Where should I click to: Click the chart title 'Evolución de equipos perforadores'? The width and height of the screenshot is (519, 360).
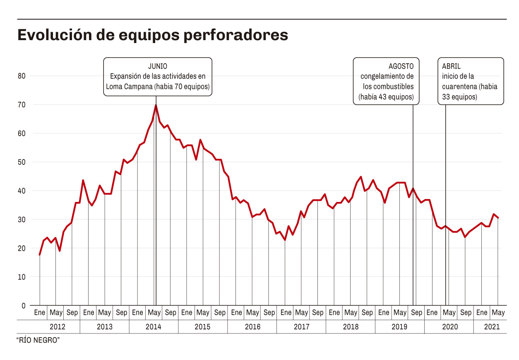(x=152, y=35)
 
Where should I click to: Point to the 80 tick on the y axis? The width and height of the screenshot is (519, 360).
(x=22, y=76)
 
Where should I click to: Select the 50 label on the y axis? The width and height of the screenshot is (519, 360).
(x=22, y=162)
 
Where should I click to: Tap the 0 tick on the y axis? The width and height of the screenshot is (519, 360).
(x=24, y=306)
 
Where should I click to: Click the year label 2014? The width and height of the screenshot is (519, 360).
(x=153, y=327)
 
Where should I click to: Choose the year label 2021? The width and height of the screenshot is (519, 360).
(x=492, y=327)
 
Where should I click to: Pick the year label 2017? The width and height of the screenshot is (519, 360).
(x=301, y=327)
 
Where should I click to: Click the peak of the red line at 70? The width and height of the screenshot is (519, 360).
(x=156, y=105)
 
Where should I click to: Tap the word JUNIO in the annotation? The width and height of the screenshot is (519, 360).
(x=158, y=66)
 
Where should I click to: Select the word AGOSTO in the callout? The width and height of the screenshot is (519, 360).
(x=401, y=66)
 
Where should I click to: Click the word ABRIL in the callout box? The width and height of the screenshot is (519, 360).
(x=451, y=66)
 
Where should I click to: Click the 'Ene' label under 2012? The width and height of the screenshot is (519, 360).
(x=39, y=313)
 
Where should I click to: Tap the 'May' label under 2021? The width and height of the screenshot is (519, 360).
(x=498, y=313)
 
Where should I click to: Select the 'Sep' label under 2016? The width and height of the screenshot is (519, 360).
(x=269, y=313)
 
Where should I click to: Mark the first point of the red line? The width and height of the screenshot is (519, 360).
(x=40, y=255)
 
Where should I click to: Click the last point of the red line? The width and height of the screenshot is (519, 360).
(x=498, y=218)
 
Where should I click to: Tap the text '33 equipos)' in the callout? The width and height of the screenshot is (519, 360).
(x=459, y=97)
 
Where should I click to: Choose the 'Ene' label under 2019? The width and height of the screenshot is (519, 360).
(x=384, y=313)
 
